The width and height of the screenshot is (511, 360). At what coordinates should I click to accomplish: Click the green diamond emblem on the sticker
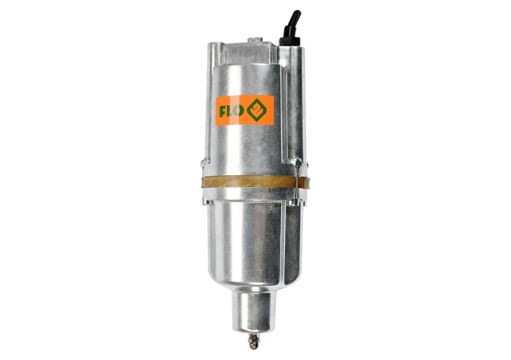click(257, 110)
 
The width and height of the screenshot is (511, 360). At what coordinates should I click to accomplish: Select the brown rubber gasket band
click(255, 183)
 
